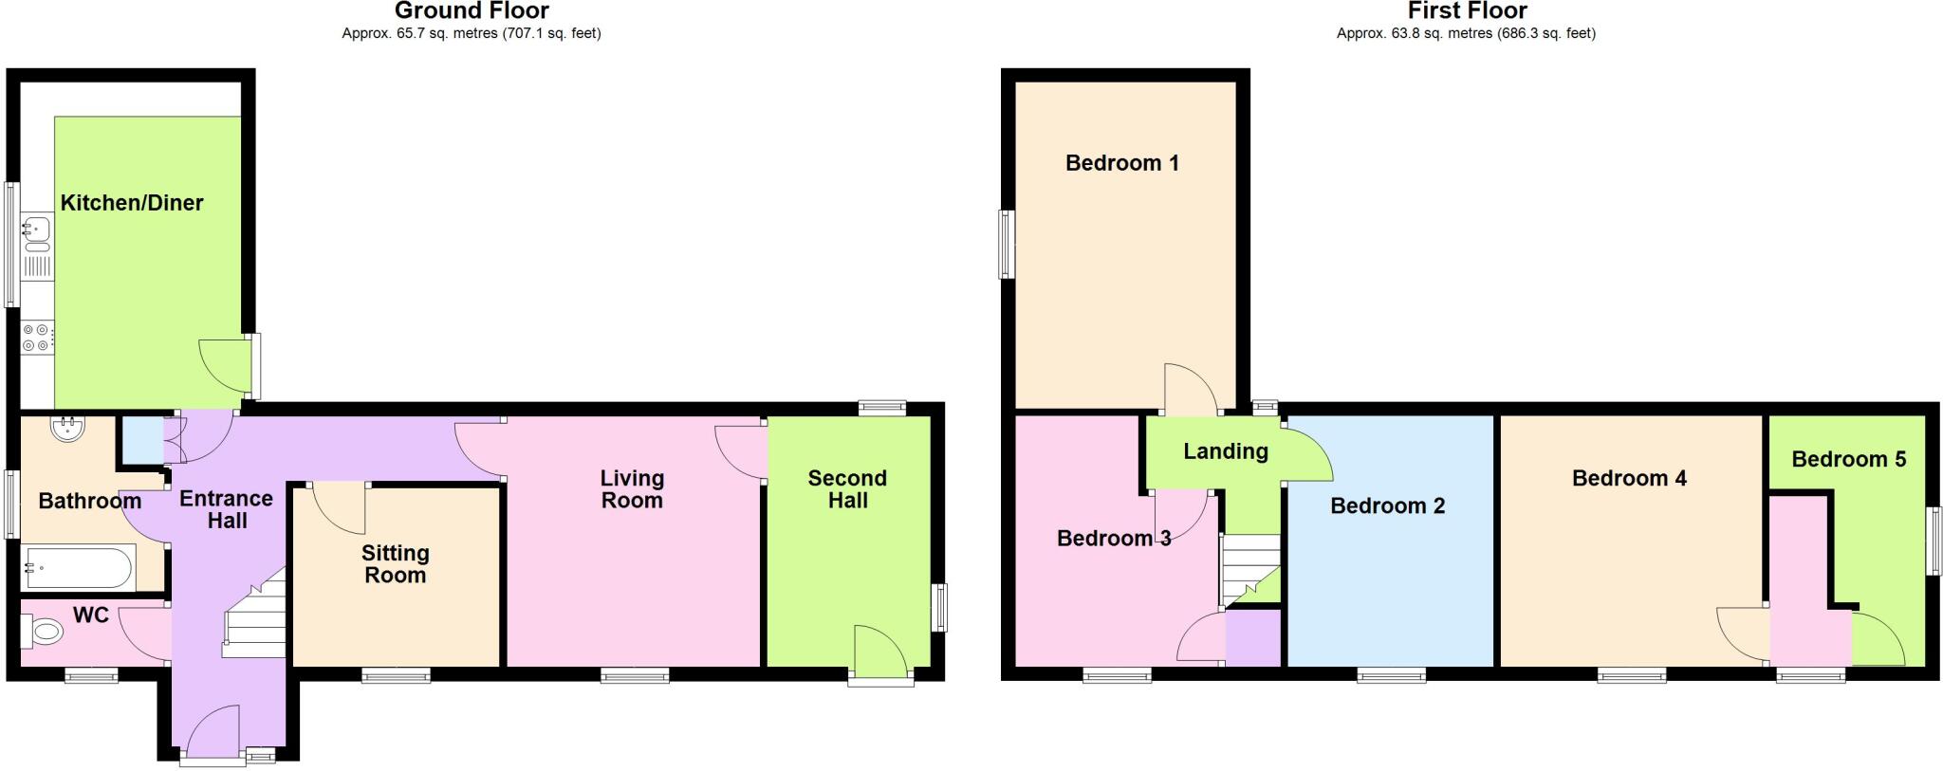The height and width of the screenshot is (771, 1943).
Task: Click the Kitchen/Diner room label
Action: tap(132, 202)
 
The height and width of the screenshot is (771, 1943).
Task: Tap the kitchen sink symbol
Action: tap(38, 229)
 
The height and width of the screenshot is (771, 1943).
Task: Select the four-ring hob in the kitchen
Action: tap(38, 339)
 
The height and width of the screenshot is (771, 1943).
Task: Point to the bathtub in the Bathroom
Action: tap(78, 568)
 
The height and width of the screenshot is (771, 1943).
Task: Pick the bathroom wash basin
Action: tap(67, 429)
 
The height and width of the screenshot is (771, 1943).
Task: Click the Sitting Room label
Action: tap(396, 563)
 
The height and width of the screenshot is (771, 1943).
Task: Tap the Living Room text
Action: tap(632, 488)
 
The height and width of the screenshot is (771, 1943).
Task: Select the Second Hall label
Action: tap(847, 488)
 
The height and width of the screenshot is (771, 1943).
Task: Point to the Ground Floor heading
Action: tap(472, 11)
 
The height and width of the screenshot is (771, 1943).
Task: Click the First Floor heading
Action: tap(1467, 11)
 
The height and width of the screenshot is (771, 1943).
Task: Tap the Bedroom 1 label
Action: tap(1122, 163)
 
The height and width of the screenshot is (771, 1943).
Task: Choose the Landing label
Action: tap(1225, 451)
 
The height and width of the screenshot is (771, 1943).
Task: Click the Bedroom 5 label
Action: tap(1848, 459)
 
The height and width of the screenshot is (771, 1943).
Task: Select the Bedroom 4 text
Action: tap(1629, 478)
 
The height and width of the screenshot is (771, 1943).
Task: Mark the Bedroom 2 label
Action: tap(1387, 505)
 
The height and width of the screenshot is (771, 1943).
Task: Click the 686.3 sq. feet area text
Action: tap(1546, 33)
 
